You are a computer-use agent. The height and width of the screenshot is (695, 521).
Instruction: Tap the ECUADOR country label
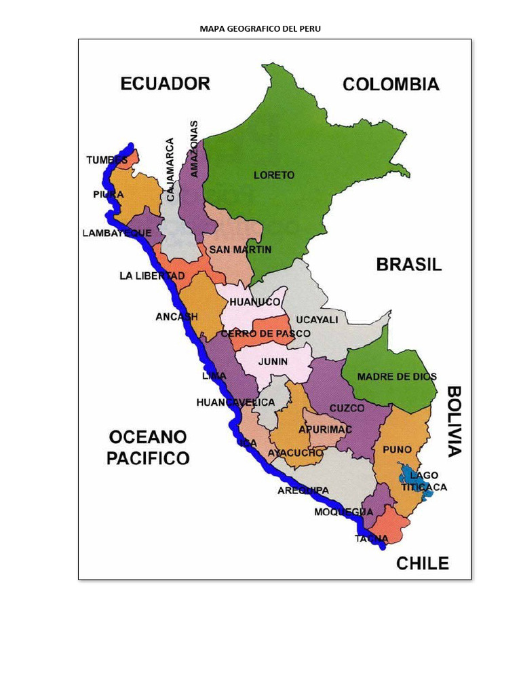165,83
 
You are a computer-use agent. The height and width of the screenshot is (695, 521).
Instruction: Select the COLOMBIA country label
391,84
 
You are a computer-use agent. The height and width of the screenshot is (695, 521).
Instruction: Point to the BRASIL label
408,265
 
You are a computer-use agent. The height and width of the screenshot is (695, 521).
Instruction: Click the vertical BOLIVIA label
454,421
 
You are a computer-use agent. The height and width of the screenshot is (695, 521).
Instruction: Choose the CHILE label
422,563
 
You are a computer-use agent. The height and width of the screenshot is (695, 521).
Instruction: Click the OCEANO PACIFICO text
148,447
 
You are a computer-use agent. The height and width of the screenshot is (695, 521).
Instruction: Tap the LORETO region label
274,175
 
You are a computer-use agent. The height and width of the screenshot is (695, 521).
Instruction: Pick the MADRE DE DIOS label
397,377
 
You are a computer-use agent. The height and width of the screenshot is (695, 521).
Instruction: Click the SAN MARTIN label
240,250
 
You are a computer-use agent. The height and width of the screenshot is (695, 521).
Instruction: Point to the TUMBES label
107,160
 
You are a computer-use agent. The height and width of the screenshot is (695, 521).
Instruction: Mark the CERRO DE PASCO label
265,334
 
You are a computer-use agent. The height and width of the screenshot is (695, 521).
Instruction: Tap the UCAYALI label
317,319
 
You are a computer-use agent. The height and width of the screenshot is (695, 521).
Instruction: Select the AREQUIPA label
303,490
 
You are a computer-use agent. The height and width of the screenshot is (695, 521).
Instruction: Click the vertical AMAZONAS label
195,149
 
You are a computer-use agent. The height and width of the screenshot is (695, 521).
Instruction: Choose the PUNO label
397,449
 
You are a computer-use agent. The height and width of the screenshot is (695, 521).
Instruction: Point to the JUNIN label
273,362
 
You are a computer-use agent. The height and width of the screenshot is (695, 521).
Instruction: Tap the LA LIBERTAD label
152,276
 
